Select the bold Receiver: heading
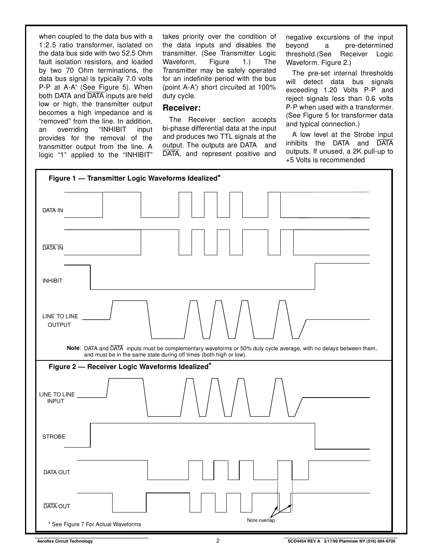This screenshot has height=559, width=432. [181, 108]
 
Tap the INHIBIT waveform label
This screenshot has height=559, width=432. [52, 281]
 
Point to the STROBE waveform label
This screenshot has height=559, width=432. [54, 437]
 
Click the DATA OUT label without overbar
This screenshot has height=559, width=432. [57, 472]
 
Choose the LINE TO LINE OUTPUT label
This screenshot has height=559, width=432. [60, 321]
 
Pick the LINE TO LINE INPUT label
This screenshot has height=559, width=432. [57, 398]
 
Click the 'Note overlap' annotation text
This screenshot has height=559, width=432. [261, 520]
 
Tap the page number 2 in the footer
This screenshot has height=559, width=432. [218, 541]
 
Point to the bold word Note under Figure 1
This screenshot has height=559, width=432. [73, 348]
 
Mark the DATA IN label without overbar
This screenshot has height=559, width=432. [53, 210]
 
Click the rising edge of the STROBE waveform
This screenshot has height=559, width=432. [90, 435]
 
